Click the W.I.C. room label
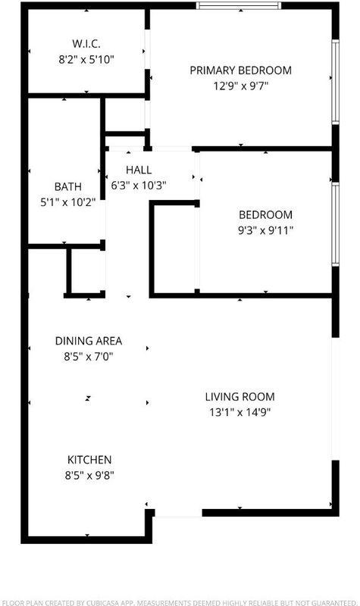pos(86,44)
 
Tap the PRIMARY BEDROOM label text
pos(240,70)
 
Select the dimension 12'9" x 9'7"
pos(240,86)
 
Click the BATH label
pos(68,186)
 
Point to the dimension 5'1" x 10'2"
pos(68,201)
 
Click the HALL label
pos(139,170)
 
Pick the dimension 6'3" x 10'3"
pos(139,186)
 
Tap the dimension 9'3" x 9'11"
pos(266,230)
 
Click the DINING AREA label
pos(89,341)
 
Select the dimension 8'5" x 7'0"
pos(89,356)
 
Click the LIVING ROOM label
pos(239,396)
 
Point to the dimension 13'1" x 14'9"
pos(239,412)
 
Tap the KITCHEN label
pos(89,460)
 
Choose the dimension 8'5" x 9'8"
pos(89,475)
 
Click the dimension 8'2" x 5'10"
pos(86,60)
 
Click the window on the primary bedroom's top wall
pos(239,5)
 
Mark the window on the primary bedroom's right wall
pos(335,82)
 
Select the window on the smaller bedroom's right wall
pos(335,224)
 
